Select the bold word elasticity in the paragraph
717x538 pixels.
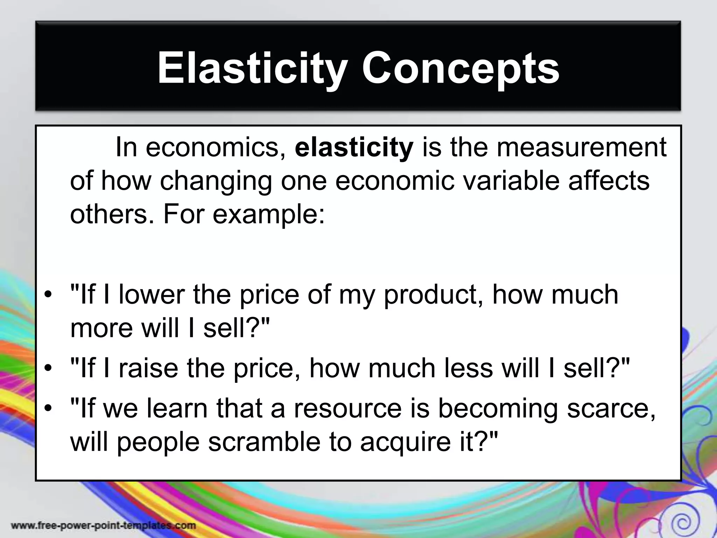tap(354, 147)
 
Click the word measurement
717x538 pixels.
tap(581, 147)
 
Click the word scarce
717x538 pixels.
tap(611, 409)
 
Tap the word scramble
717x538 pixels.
tap(264, 442)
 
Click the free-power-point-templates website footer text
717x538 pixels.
tap(104, 525)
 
